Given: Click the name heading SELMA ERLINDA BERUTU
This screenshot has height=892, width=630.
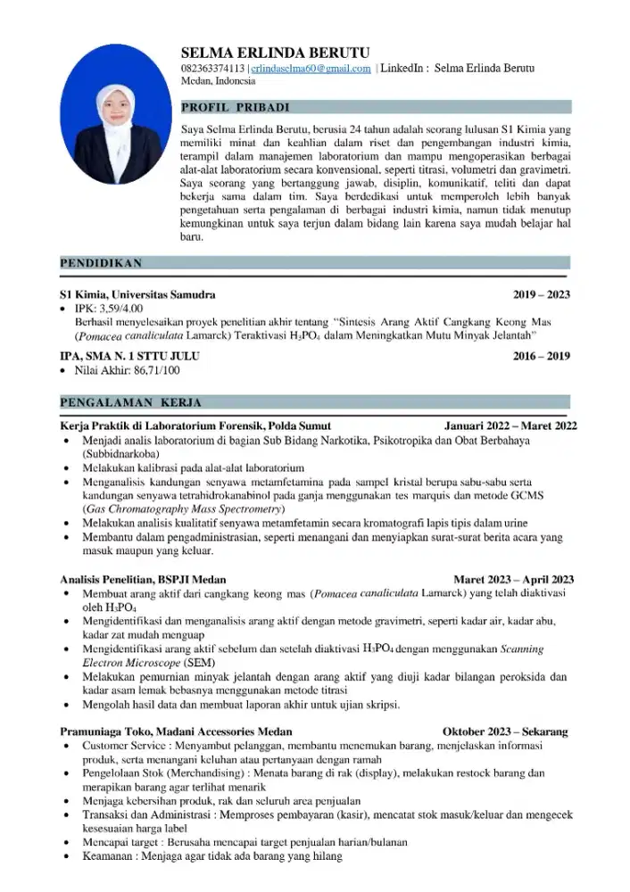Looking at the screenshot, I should [x=275, y=53].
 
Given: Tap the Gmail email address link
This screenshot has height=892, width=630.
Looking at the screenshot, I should [x=310, y=69].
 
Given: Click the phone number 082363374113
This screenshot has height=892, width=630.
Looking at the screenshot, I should [x=212, y=69].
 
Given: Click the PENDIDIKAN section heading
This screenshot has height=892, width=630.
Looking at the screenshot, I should [x=100, y=263].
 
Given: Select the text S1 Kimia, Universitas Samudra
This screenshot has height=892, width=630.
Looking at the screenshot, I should [x=137, y=294].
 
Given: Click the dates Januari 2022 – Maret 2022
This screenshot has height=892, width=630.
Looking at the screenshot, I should [x=510, y=426].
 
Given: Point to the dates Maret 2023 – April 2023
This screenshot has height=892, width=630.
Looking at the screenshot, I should [x=513, y=579].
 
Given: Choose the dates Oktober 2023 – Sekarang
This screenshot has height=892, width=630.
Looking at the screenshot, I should [x=504, y=731].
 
